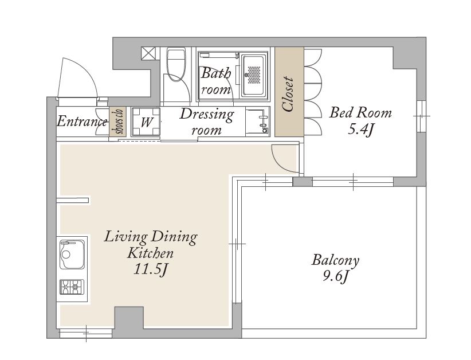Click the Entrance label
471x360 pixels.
[82, 122]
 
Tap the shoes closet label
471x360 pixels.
[117, 122]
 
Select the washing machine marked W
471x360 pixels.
[146, 122]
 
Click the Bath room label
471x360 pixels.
[216, 81]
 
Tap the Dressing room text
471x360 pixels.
[207, 122]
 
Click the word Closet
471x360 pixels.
[288, 94]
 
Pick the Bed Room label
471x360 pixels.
[360, 113]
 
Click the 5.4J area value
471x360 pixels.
[361, 130]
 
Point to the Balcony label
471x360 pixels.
[336, 260]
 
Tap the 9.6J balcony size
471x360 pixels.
[336, 276]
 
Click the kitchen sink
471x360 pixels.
[72, 255]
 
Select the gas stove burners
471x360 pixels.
[72, 287]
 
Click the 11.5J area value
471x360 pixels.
[150, 269]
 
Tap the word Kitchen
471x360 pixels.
[151, 253]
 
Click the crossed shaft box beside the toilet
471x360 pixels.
[149, 53]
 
